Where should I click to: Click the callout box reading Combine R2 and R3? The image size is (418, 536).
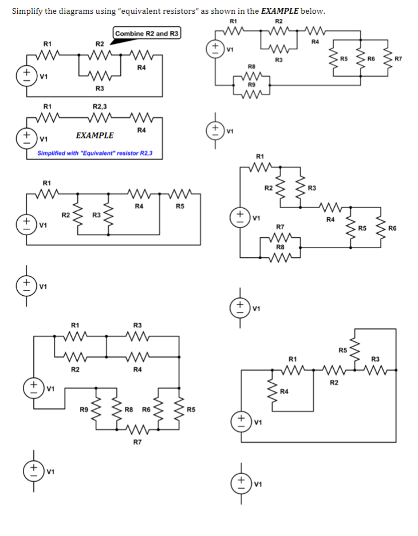click(147, 34)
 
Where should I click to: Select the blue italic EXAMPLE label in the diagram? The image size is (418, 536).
click(94, 136)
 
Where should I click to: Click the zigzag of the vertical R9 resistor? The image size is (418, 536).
click(95, 410)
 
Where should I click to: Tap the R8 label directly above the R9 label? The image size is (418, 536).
click(251, 67)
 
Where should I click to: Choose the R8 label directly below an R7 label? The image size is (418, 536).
click(280, 246)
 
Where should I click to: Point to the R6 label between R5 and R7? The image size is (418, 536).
click(371, 59)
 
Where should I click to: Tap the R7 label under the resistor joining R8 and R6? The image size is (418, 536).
click(137, 442)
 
